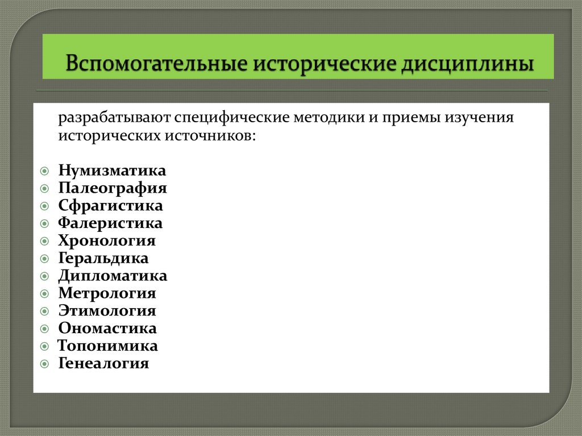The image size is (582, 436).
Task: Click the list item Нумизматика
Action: click(112, 171)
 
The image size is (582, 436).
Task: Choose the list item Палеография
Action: click(113, 188)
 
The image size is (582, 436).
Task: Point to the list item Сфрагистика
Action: click(110, 206)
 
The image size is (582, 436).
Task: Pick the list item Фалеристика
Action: click(110, 223)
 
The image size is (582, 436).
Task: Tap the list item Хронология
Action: click(107, 241)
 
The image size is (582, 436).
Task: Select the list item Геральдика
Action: click(103, 259)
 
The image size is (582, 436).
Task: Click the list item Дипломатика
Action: click(113, 276)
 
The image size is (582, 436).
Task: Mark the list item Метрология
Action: click(107, 294)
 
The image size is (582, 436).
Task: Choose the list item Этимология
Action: click(107, 312)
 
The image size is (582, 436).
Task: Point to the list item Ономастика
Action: click(107, 329)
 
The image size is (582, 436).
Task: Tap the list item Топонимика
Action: click(108, 346)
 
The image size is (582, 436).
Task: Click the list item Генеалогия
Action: click(103, 364)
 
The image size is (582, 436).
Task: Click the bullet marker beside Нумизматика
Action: click(45, 171)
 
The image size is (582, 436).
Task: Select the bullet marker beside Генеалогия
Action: click(45, 364)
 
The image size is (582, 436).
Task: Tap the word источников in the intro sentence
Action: click(210, 136)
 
